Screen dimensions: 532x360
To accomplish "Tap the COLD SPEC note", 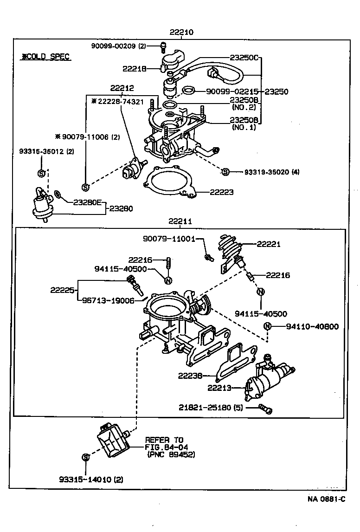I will tap(46, 57).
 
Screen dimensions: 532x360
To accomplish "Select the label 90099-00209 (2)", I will tap(118, 45).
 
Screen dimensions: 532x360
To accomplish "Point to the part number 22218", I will tap(135, 69).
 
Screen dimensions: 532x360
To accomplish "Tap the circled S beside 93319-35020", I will tap(225, 172).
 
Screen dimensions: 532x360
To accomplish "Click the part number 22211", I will tap(180, 222).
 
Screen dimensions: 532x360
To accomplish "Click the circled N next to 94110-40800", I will tap(267, 326).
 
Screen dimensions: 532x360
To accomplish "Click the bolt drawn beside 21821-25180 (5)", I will tap(266, 409).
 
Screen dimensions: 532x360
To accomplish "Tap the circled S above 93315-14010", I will tap(85, 457).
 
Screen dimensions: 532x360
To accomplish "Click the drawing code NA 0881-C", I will tap(326, 499).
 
